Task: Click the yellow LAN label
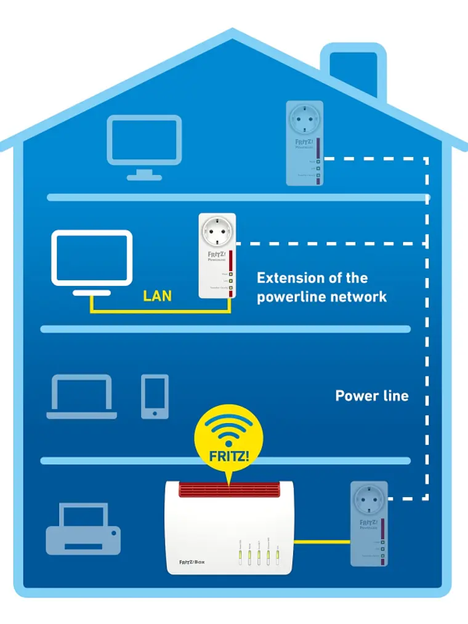(x=157, y=296)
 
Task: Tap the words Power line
(x=371, y=395)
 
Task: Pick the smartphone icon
(x=155, y=396)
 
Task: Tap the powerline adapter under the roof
(x=304, y=143)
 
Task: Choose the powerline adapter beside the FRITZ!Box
(x=369, y=524)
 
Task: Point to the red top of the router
(x=230, y=490)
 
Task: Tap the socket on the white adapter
(x=216, y=232)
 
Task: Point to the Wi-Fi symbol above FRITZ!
(x=228, y=428)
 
